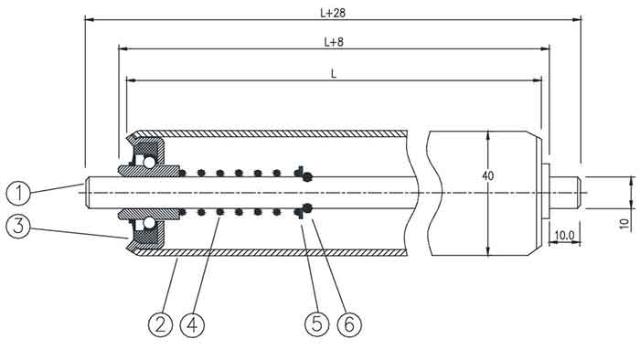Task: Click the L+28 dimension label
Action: (333, 13)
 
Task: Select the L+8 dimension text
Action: (334, 42)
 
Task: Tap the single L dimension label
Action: (334, 74)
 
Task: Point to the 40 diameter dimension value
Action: (487, 175)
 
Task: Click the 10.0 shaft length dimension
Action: (564, 235)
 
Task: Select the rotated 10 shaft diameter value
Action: (624, 224)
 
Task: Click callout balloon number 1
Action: (18, 194)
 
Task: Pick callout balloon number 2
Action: (160, 325)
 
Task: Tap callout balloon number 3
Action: (18, 226)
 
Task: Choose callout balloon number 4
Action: (192, 325)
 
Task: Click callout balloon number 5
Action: (316, 325)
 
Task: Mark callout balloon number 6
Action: (349, 325)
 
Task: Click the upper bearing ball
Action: (149, 163)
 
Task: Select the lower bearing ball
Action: (149, 223)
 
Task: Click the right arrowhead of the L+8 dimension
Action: (545, 48)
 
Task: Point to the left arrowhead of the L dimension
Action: (131, 80)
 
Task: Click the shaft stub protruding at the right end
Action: (566, 193)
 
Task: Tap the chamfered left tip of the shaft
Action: (87, 193)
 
